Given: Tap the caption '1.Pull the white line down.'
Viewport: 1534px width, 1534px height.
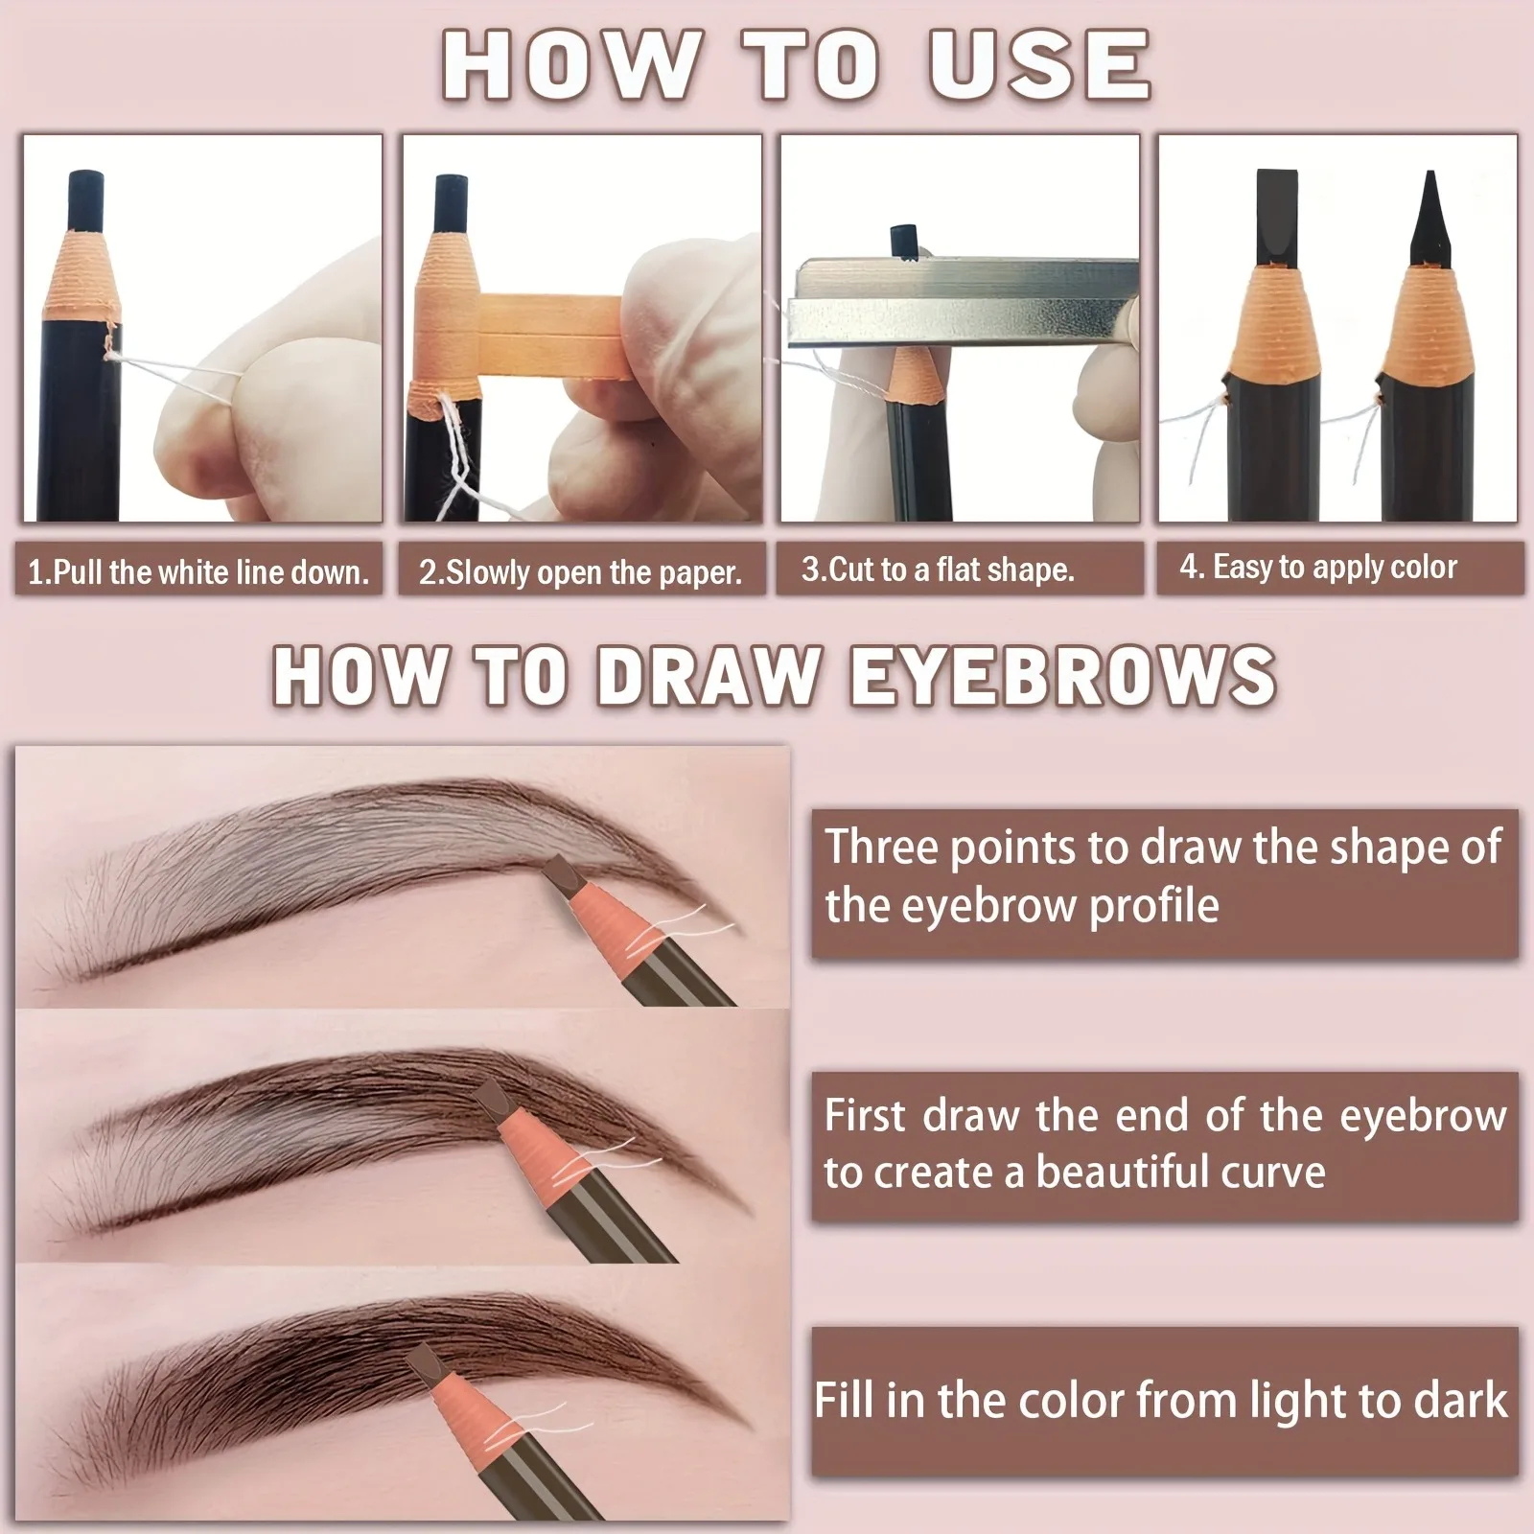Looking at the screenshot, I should click(198, 572).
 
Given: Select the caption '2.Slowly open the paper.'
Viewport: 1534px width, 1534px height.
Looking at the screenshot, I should click(581, 572).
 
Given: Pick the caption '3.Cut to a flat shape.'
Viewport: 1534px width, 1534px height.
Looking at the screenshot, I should click(938, 569).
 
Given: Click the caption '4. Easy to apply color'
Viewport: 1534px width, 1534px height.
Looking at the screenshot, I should click(1318, 567).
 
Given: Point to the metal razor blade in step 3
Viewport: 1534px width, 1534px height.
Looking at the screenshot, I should click(959, 302).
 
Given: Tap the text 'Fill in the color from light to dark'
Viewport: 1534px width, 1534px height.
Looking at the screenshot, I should click(1160, 1400).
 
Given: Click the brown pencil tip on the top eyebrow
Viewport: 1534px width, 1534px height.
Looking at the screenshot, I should click(559, 873).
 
